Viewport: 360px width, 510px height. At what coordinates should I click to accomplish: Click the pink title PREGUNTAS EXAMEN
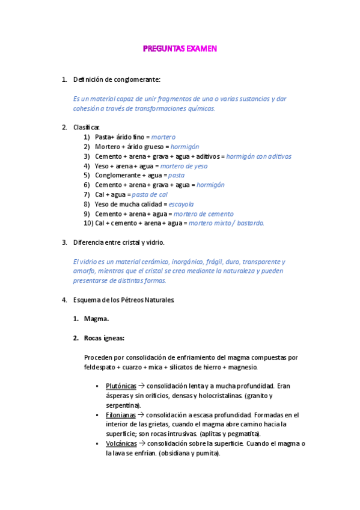(x=180, y=49)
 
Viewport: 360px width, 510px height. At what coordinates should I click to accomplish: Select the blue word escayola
(x=182, y=204)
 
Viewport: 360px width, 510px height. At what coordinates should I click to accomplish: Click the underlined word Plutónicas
(x=121, y=386)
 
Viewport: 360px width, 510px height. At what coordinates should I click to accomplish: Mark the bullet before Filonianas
(x=97, y=415)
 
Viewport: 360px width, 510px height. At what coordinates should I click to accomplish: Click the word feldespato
(x=103, y=366)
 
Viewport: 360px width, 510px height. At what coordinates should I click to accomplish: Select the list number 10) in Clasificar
(x=88, y=223)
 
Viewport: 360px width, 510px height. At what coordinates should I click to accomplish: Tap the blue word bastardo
(x=249, y=223)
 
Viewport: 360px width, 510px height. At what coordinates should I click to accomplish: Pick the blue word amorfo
(x=83, y=271)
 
